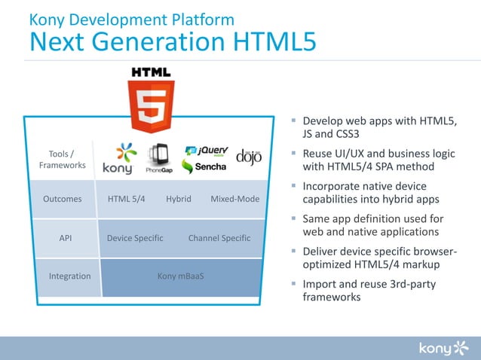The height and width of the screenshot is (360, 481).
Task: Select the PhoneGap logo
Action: point(158,159)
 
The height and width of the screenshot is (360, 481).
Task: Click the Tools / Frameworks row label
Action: point(62,160)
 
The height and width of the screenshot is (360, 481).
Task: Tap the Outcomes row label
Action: point(63,200)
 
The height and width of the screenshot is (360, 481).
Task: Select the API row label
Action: point(65,238)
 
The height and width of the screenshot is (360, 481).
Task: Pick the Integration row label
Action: point(69,276)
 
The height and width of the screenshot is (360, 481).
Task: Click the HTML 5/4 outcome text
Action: point(127,200)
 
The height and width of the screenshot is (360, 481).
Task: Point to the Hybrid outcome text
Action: point(179,200)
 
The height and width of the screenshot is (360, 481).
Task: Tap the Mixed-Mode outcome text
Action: point(234,200)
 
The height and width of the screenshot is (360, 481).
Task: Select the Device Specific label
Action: point(135,238)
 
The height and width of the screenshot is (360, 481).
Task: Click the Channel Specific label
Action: point(219,238)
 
